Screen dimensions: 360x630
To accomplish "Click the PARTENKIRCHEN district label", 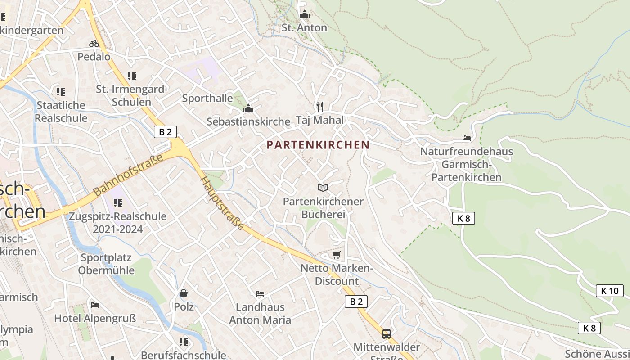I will click(x=318, y=145).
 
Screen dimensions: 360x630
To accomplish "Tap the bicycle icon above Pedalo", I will click(x=94, y=44).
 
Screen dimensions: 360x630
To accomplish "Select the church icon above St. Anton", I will click(x=305, y=14).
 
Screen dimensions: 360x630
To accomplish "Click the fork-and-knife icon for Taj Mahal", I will click(x=320, y=106).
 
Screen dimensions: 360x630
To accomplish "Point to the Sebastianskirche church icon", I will click(x=248, y=108).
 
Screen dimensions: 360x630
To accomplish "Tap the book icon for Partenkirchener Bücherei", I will click(x=323, y=188).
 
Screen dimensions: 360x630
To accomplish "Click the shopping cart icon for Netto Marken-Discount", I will click(x=336, y=255).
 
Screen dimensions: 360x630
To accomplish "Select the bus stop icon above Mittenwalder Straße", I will click(x=386, y=333).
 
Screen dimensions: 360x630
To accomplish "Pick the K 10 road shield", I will click(x=610, y=291).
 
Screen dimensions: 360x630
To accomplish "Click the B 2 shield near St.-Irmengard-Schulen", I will click(x=165, y=132).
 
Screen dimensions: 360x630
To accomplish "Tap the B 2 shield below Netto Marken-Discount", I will click(x=356, y=301).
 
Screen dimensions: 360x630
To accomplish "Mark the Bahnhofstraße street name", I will click(x=128, y=174).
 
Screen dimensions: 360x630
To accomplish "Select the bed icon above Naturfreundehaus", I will click(x=467, y=138).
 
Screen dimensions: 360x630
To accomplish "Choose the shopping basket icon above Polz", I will click(x=184, y=293).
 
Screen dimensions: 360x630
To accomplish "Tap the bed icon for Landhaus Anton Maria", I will click(x=260, y=294).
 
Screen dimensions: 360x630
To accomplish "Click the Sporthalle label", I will click(x=207, y=98).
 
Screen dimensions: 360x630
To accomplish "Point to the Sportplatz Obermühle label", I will click(x=106, y=264).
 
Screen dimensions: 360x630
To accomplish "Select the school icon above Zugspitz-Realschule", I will click(x=118, y=203).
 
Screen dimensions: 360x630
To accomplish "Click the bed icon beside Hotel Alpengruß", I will click(x=95, y=305).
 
